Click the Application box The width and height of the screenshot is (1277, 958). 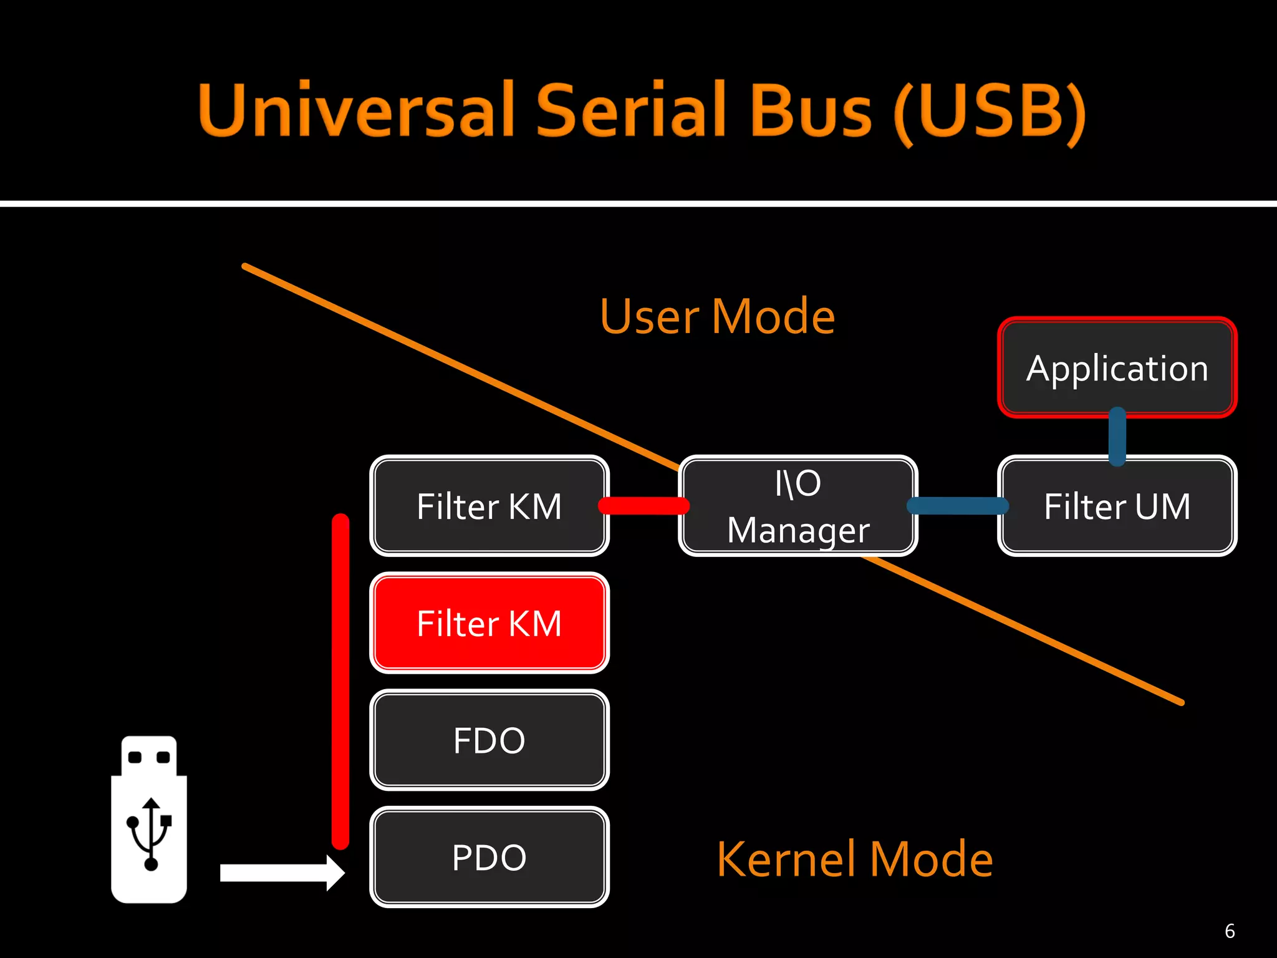coord(1117,368)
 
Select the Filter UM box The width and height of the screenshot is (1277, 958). coord(1117,506)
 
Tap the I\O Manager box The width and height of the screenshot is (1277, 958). coord(798,506)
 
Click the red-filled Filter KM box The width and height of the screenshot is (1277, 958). coord(489,623)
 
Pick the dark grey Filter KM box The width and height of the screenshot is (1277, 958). coord(489,506)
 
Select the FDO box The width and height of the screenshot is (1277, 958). coord(489,740)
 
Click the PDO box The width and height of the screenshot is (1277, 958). coord(489,858)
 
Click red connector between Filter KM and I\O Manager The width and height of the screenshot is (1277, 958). coord(643,505)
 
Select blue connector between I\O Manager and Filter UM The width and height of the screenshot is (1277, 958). coord(958,505)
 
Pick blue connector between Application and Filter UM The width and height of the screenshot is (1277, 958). coord(1117,436)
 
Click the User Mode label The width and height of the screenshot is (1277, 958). coord(717,317)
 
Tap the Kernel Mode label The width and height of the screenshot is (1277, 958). coord(854,859)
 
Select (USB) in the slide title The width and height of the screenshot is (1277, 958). coord(990,112)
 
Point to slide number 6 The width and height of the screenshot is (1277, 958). coord(1230,931)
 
